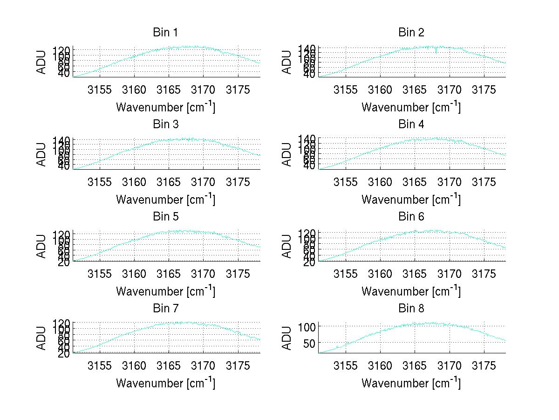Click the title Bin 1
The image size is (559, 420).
click(x=165, y=33)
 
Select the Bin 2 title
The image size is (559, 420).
click(x=411, y=33)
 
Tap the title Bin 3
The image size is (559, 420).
click(x=165, y=124)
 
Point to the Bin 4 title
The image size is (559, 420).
click(x=411, y=124)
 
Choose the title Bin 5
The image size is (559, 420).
click(x=165, y=217)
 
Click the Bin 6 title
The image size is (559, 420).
click(x=411, y=217)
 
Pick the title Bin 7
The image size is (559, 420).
click(x=165, y=309)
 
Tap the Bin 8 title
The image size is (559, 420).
click(x=411, y=309)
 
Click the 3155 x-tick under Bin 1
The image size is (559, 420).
click(x=100, y=90)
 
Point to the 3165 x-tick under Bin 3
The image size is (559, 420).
click(x=169, y=182)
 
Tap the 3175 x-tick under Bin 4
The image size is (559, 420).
click(x=484, y=182)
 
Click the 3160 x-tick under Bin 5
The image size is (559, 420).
click(x=134, y=274)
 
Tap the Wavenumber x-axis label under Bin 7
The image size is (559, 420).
click(x=165, y=383)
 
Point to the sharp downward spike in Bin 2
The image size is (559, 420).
click(x=436, y=51)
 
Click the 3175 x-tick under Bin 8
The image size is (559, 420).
click(x=484, y=366)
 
